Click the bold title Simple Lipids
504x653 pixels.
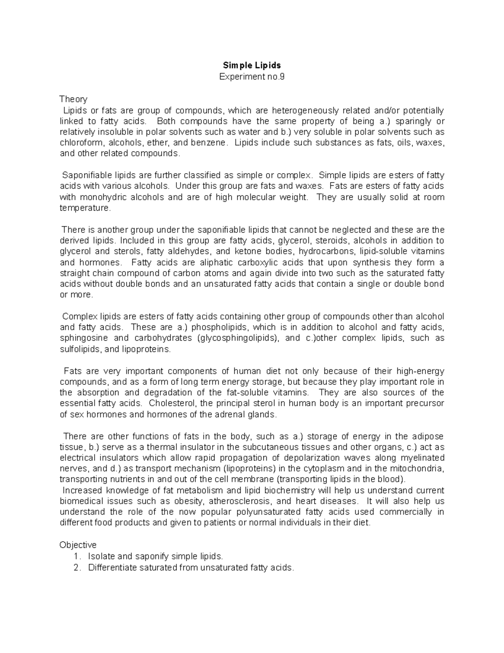[x=252, y=65]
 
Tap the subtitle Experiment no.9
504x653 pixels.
[x=252, y=77]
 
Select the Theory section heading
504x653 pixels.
[x=73, y=99]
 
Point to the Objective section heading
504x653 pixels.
[x=78, y=545]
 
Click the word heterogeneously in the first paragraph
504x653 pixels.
[x=305, y=111]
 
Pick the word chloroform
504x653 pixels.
[x=79, y=143]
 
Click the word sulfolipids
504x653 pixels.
[x=80, y=349]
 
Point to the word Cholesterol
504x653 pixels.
[x=174, y=403]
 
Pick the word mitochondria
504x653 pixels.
[x=418, y=468]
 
